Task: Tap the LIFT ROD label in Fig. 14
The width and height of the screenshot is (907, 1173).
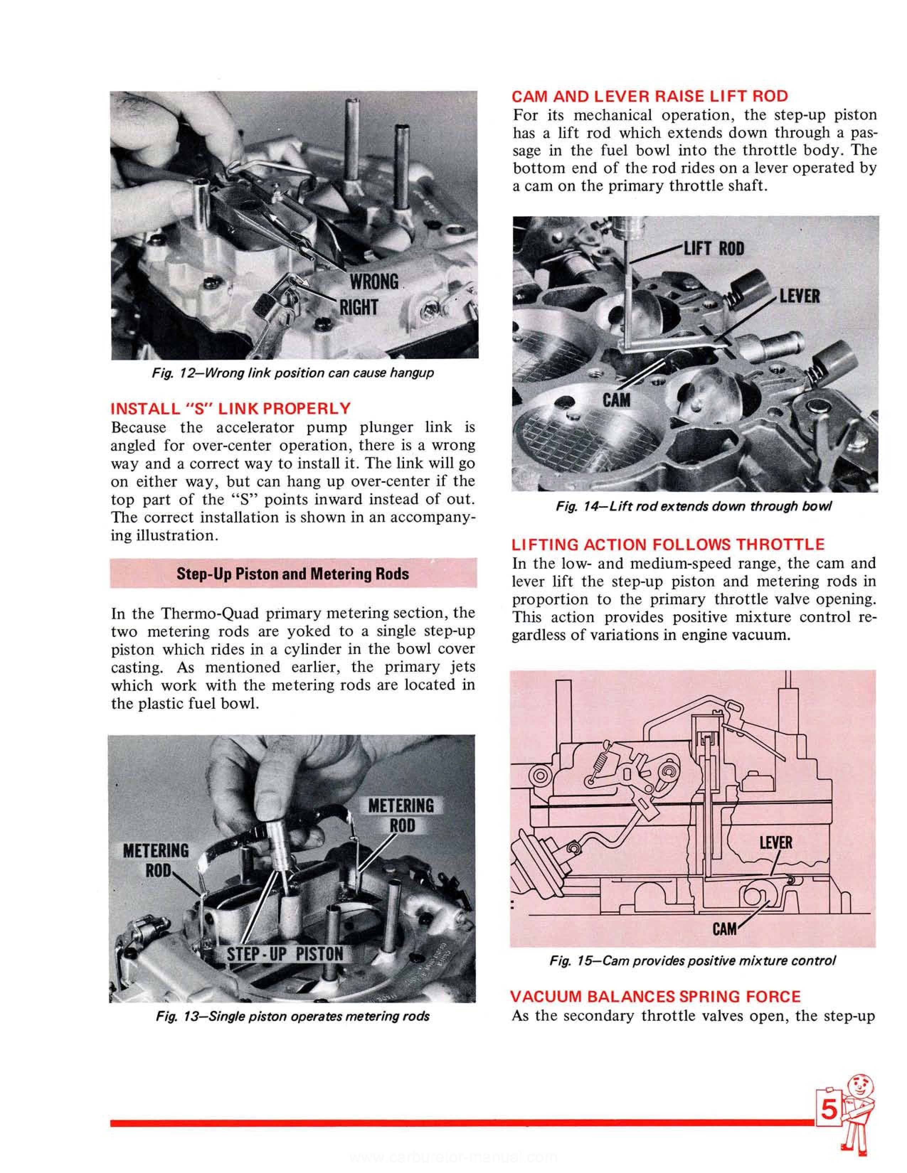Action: coord(714,249)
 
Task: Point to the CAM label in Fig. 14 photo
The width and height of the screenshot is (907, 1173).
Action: coord(616,400)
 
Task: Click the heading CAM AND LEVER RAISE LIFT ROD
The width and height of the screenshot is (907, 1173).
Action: coord(650,97)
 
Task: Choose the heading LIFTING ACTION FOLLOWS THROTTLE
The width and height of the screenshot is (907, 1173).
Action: coord(668,545)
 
